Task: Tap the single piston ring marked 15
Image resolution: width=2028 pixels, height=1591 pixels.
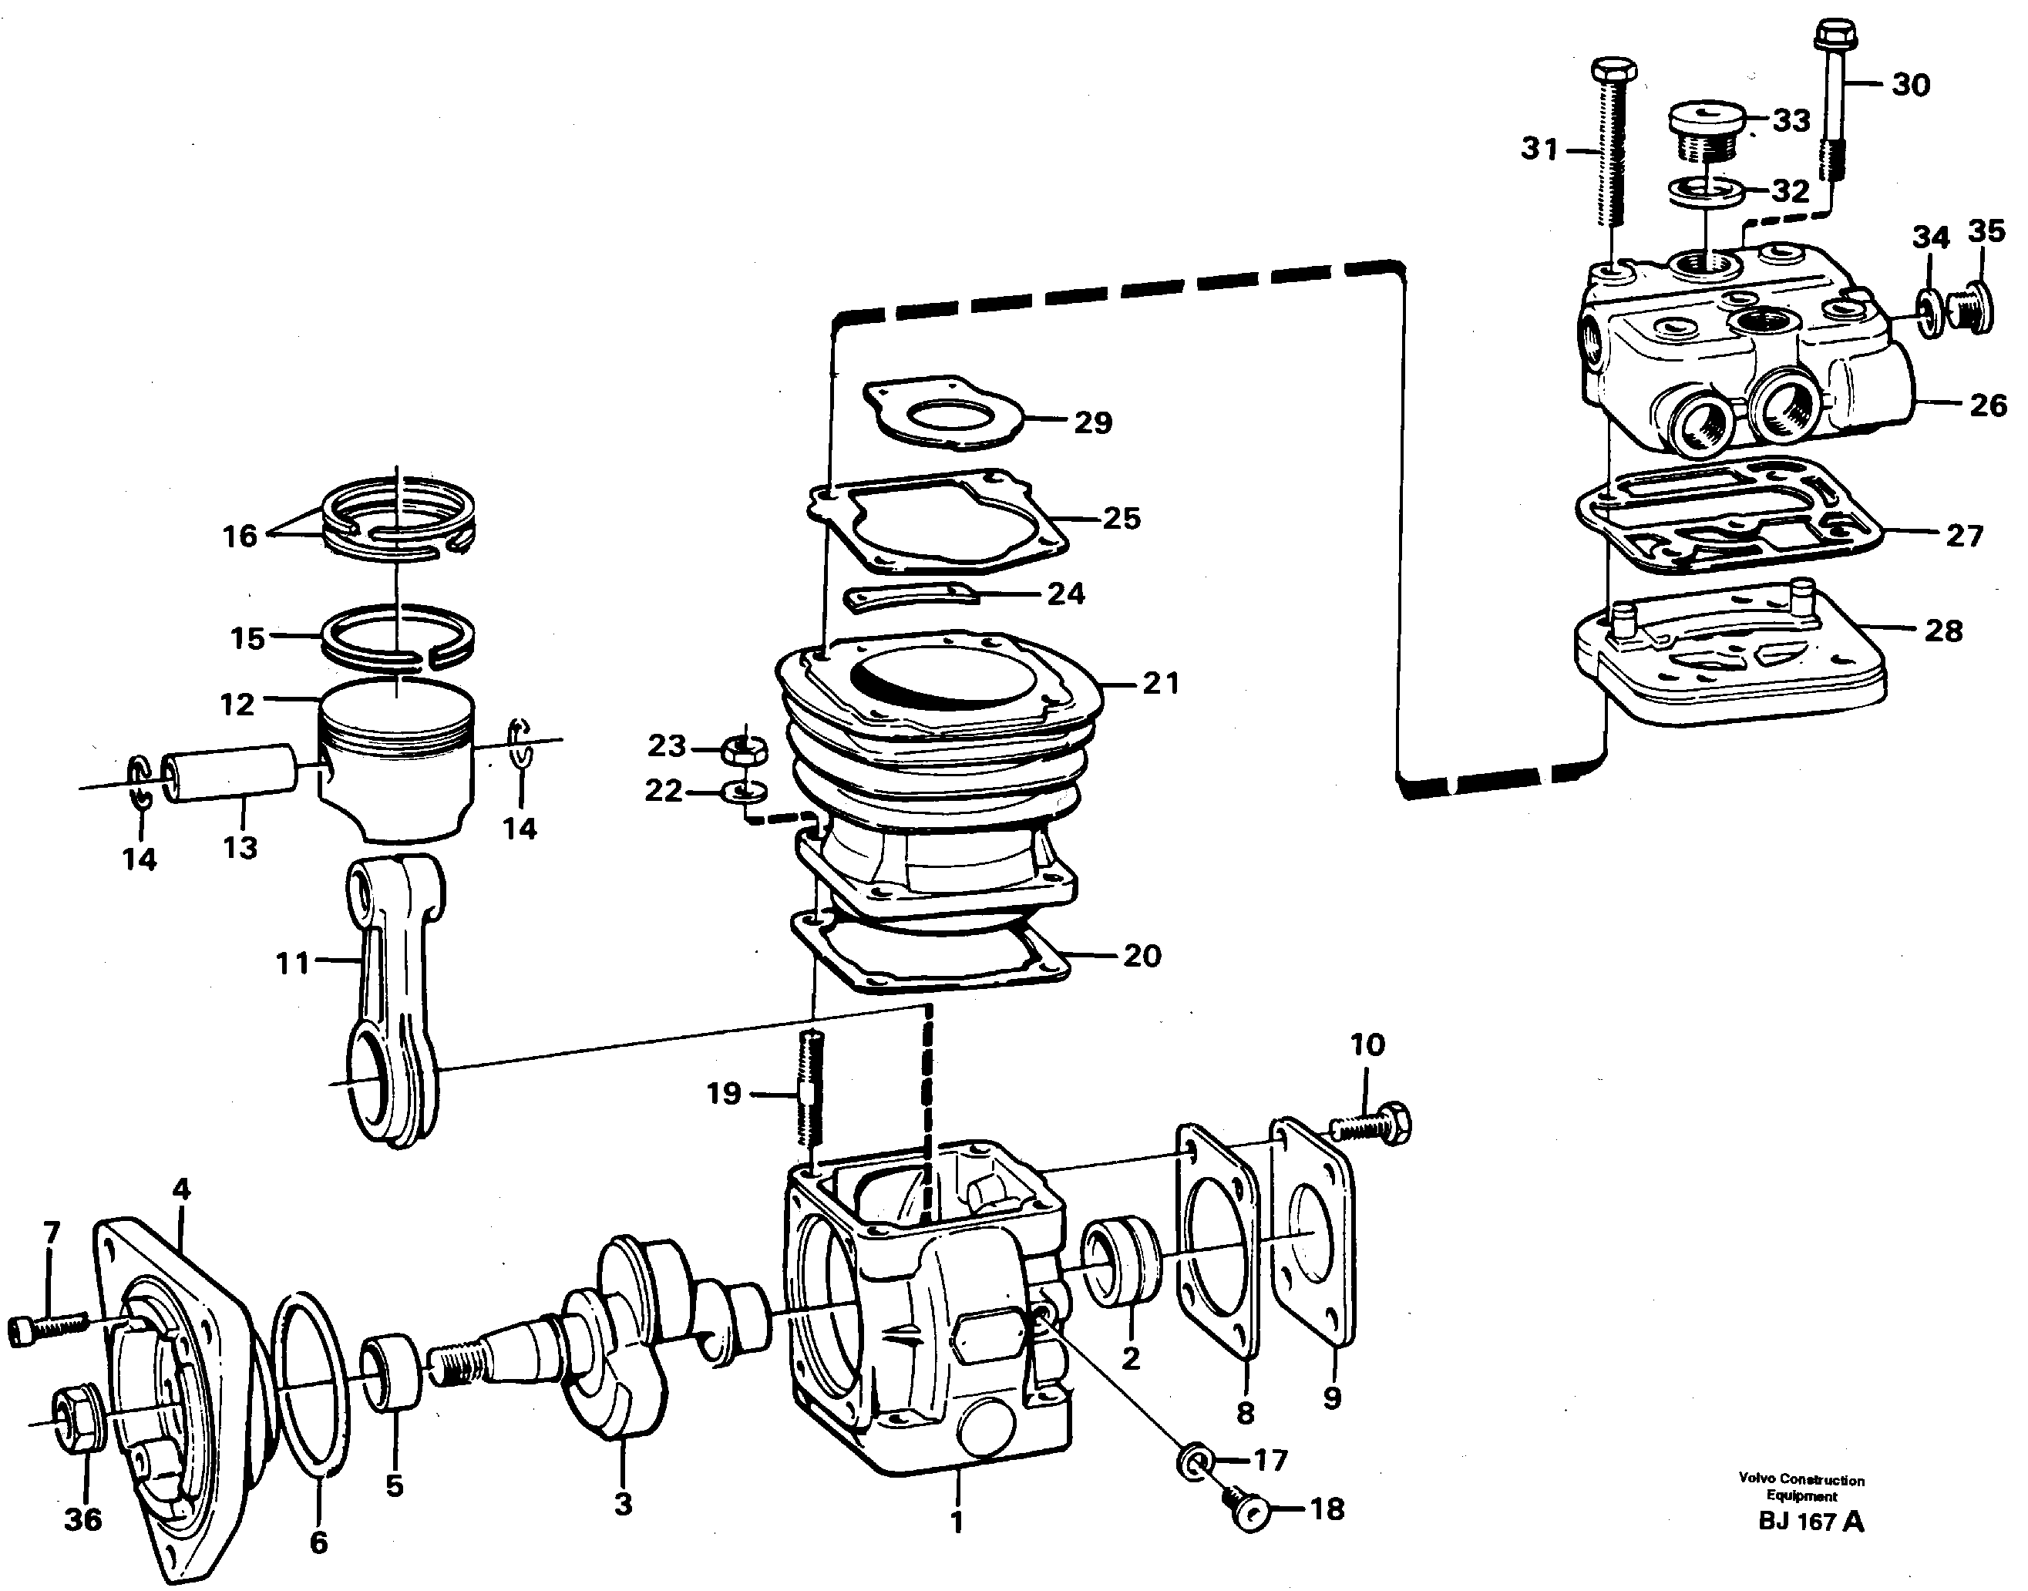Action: click(x=398, y=636)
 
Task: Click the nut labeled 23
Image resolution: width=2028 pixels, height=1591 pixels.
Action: click(x=745, y=748)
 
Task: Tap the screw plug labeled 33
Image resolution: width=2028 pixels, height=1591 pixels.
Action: click(x=1710, y=130)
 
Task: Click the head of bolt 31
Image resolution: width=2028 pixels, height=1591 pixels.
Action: click(x=1613, y=71)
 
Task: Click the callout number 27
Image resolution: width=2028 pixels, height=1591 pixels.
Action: click(x=1964, y=536)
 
